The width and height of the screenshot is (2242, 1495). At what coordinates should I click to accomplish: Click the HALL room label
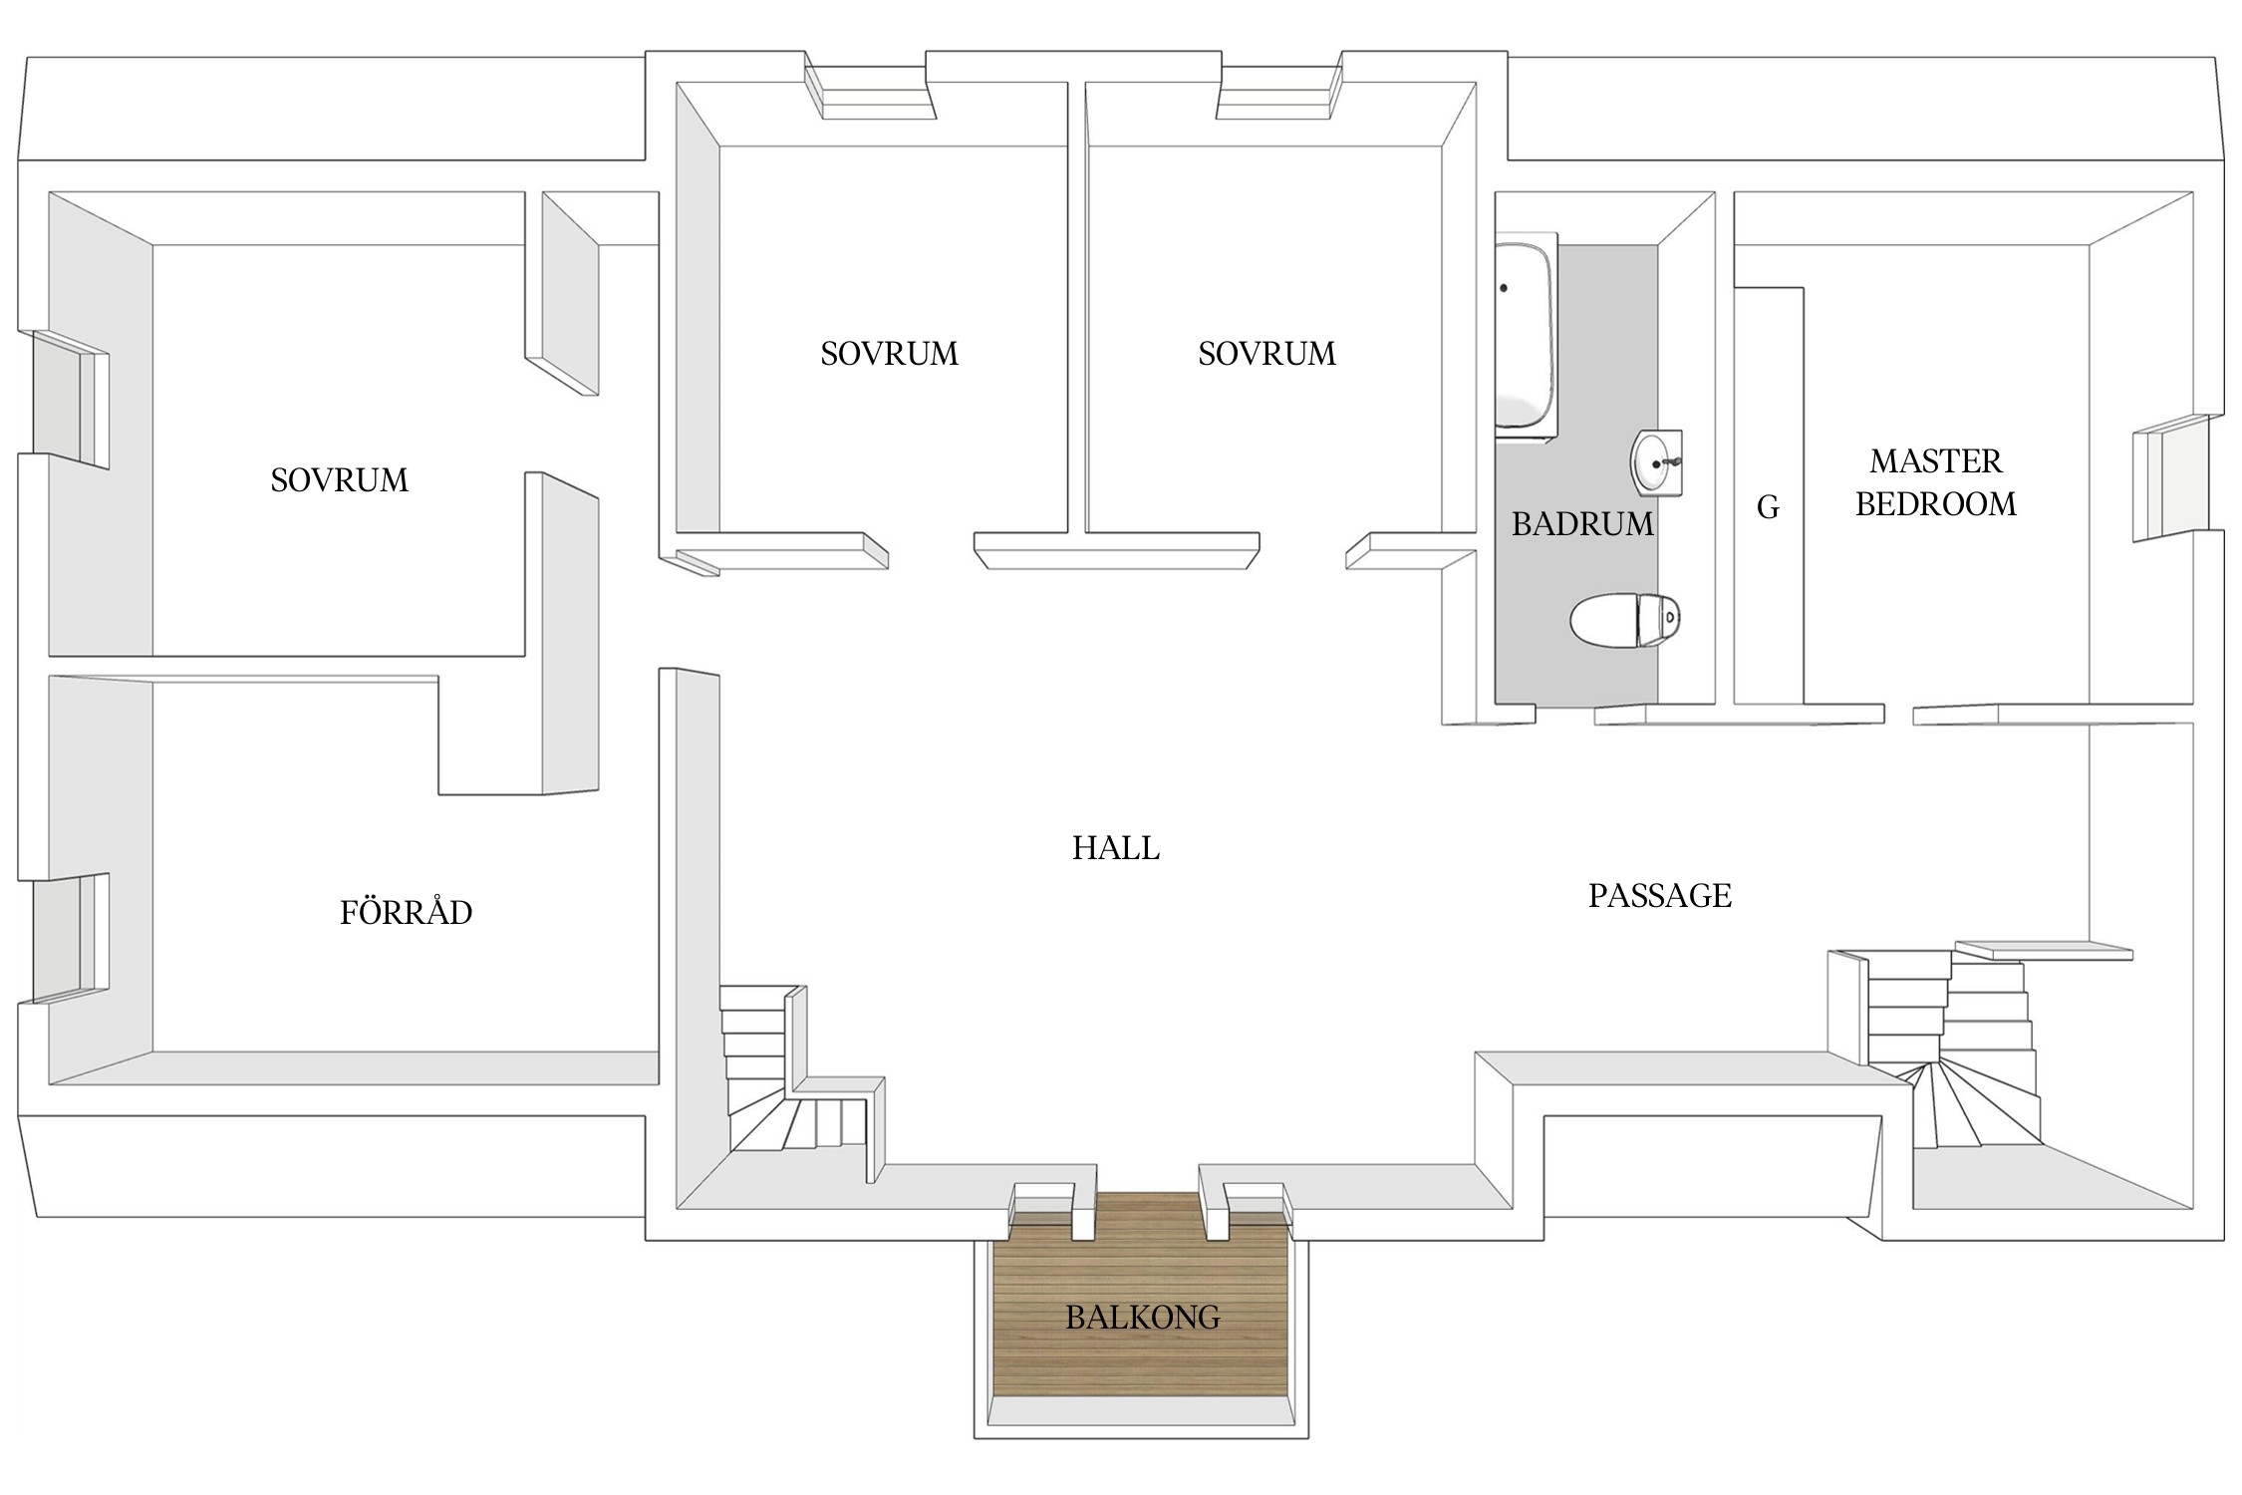pos(1115,848)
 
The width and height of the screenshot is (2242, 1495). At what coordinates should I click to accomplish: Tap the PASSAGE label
pos(1659,896)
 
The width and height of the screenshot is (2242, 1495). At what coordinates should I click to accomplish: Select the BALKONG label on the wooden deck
pos(1142,1318)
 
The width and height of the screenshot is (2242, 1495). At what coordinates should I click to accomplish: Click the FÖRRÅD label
pos(406,912)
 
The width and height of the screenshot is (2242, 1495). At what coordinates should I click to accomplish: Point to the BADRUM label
pos(1582,524)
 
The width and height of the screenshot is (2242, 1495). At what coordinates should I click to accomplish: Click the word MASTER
pos(1935,461)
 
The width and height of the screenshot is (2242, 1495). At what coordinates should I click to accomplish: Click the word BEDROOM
pos(1935,504)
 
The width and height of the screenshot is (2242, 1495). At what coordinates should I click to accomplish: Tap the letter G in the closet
pos(1768,508)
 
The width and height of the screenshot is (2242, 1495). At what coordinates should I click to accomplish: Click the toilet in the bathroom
pos(1625,621)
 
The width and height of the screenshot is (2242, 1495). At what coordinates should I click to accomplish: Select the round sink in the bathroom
pos(1657,462)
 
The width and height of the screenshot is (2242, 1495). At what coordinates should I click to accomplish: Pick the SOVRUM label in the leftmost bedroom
pos(339,480)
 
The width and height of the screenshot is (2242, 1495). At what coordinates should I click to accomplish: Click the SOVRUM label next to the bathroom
pos(1266,354)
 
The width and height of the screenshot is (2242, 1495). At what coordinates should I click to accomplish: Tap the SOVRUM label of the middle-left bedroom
pos(889,354)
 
